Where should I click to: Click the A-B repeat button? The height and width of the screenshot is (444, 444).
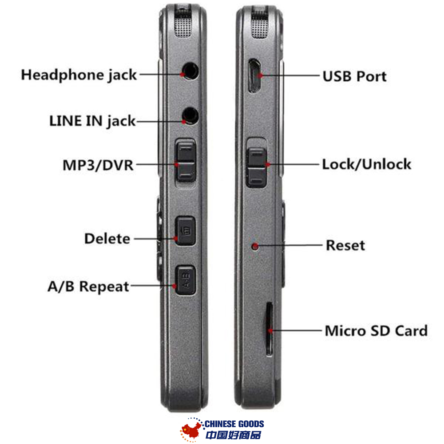coord(185,280)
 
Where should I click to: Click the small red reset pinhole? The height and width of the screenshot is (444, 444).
coord(255,246)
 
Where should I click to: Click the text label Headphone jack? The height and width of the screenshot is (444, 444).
coord(79,75)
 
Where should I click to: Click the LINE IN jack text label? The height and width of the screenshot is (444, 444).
coord(92,121)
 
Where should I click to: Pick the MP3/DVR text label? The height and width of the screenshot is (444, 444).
coord(98,166)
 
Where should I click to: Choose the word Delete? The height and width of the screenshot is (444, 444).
coord(107,239)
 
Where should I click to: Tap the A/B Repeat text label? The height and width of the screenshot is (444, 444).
coord(88,286)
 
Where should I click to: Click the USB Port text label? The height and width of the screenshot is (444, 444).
coord(354,76)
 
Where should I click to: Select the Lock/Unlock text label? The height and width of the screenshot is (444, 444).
coord(366,165)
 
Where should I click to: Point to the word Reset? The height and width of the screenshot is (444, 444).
coord(345,246)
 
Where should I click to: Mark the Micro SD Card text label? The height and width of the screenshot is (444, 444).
coord(376,331)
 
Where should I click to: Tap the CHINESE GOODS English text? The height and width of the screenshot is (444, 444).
coord(234,424)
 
